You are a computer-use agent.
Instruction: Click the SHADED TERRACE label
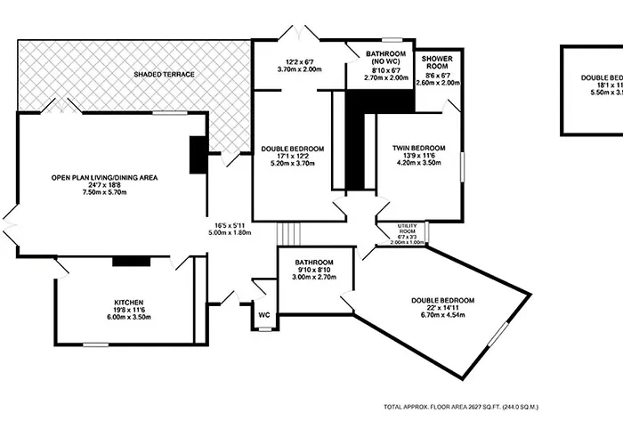(x=165, y=74)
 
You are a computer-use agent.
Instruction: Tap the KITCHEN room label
(x=129, y=302)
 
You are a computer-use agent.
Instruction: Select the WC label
(x=264, y=314)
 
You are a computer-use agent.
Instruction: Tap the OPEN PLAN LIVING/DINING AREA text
(x=104, y=178)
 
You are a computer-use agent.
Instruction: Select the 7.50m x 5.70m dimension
(x=104, y=193)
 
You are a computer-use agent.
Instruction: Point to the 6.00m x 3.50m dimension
(x=129, y=317)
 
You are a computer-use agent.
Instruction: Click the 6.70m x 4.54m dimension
(x=442, y=315)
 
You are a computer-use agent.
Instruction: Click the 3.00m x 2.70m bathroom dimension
(x=314, y=278)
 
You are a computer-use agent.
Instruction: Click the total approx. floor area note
(x=462, y=407)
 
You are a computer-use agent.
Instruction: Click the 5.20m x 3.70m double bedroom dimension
(x=292, y=163)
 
